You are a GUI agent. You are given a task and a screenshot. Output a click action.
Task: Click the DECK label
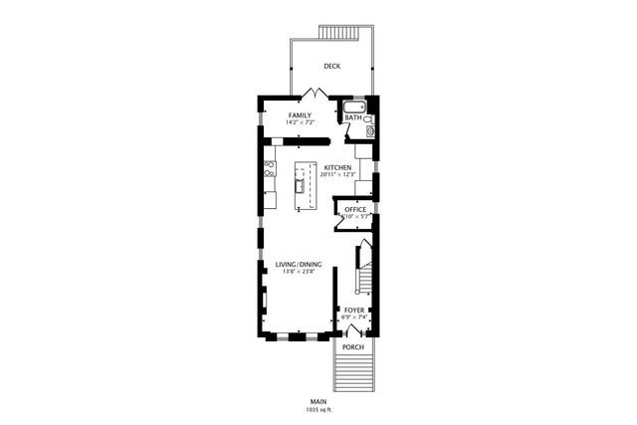[332, 67]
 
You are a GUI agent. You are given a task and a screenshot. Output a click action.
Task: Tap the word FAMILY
[300, 115]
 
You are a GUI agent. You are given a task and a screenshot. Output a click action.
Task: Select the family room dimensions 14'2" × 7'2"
[300, 123]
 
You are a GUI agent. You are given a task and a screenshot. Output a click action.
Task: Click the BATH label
[352, 117]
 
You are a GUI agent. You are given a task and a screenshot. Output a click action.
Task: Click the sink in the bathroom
[370, 130]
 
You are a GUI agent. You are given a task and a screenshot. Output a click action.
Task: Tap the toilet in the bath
[368, 118]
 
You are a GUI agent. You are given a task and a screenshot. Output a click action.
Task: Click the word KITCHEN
[336, 167]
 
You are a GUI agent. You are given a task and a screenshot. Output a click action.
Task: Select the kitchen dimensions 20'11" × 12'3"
[336, 175]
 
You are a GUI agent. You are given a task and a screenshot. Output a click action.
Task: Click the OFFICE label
[355, 209]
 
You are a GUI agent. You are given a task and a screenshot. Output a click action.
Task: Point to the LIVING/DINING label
[299, 264]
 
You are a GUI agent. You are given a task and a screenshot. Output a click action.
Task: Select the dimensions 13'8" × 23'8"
[299, 272]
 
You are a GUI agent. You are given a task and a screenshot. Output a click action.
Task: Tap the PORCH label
[353, 347]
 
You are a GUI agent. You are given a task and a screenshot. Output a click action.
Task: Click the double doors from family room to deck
[316, 94]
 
